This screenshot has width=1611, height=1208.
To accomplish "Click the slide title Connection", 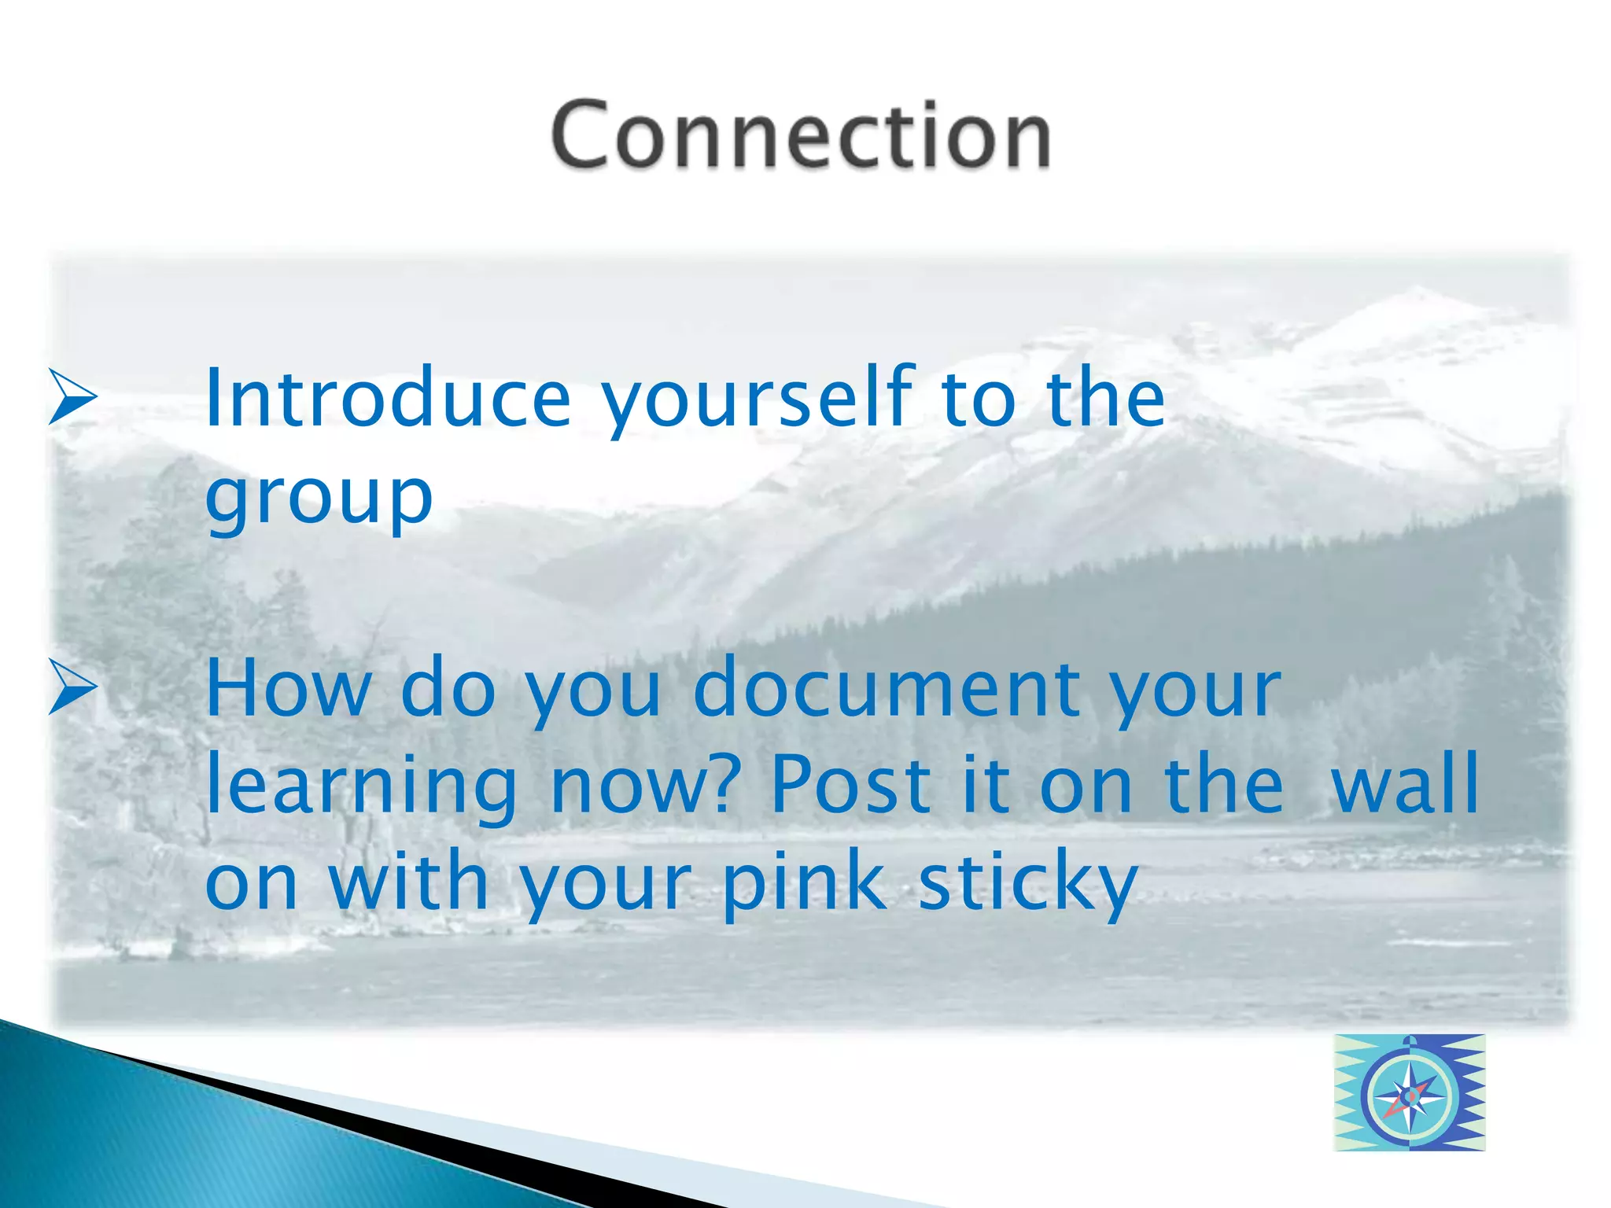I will click(801, 135).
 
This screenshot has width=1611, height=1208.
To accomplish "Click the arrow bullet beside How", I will click(72, 687).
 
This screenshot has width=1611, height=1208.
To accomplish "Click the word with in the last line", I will click(409, 881).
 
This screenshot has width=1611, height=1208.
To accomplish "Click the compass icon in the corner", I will click(1409, 1093).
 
